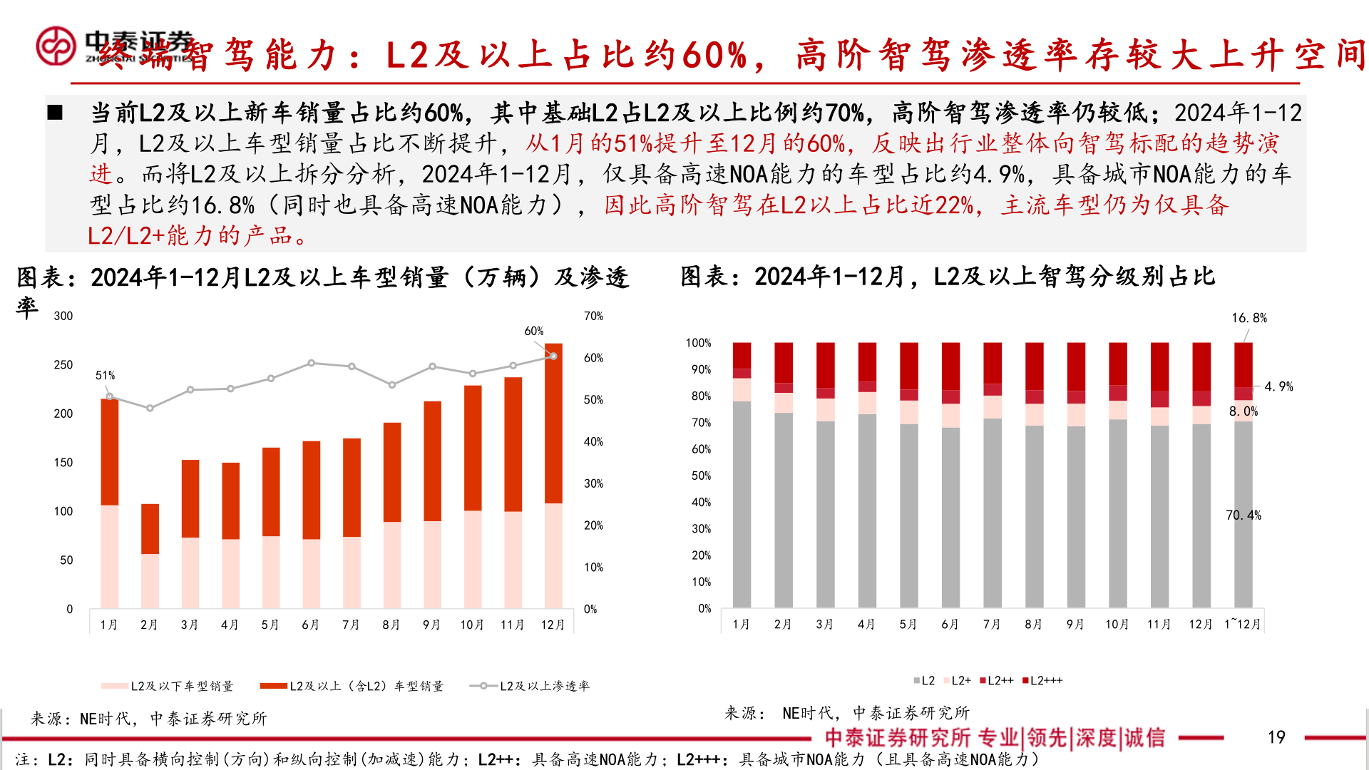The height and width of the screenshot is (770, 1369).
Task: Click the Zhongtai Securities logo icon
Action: pos(56,46)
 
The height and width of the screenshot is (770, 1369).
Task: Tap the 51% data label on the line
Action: pos(105,375)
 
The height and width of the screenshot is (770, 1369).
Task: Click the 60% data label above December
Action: pos(533,331)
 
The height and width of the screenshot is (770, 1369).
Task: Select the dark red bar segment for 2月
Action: pos(150,528)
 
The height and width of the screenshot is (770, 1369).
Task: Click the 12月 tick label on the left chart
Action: pos(553,625)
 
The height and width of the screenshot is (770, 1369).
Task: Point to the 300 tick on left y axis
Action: pos(63,316)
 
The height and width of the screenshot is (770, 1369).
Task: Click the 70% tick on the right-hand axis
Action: pos(593,316)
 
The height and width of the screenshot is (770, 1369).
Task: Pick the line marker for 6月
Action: pos(311,363)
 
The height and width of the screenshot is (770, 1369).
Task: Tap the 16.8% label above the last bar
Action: pos(1248,318)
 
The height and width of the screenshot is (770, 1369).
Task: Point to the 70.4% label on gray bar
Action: pos(1243,515)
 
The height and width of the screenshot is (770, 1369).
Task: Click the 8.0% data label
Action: pos(1243,411)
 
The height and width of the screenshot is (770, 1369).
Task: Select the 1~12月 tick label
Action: pos(1242,625)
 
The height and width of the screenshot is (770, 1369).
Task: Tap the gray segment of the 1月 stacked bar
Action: pos(742,503)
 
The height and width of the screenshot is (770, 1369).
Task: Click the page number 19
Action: pos(1276,737)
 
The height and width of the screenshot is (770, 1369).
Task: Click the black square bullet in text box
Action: pos(55,113)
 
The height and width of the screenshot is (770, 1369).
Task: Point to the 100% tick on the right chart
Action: pos(698,343)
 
